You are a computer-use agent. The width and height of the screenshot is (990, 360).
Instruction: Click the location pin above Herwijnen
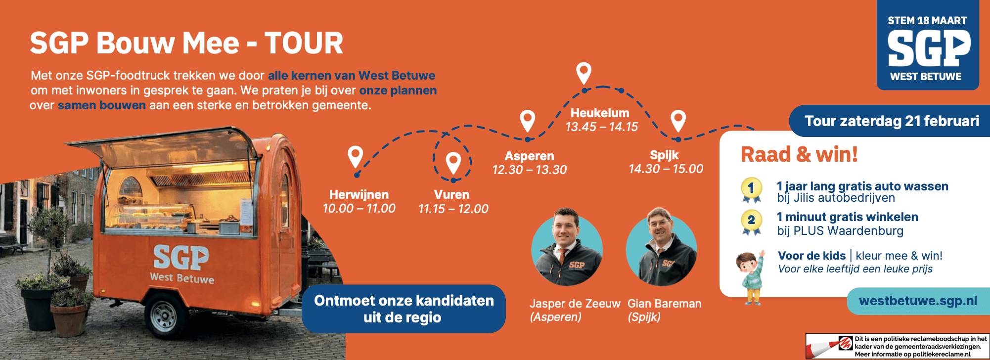[355, 157]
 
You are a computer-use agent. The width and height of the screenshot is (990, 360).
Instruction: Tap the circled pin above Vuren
[453, 162]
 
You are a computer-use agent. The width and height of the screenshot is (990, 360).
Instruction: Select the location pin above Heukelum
[584, 73]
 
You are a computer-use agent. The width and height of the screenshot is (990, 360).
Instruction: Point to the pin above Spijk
[678, 121]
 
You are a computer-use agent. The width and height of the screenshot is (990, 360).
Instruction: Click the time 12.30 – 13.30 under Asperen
[530, 170]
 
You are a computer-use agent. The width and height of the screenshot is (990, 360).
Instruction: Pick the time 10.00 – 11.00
[359, 208]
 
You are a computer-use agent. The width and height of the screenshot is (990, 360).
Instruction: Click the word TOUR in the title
[304, 43]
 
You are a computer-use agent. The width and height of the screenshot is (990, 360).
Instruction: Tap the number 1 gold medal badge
[751, 190]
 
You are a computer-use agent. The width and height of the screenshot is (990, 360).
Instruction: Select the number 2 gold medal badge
[751, 223]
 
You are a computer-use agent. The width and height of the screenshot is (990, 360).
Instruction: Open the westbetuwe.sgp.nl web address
[918, 301]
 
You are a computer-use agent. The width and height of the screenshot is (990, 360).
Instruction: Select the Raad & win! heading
[799, 154]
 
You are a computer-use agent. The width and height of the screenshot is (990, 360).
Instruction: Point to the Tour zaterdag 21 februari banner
[890, 121]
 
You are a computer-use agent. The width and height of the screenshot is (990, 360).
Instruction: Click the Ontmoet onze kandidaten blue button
[404, 309]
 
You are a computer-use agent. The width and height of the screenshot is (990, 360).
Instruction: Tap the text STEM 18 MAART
[927, 21]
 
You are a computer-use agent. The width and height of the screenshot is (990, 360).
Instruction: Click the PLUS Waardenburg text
[848, 231]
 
